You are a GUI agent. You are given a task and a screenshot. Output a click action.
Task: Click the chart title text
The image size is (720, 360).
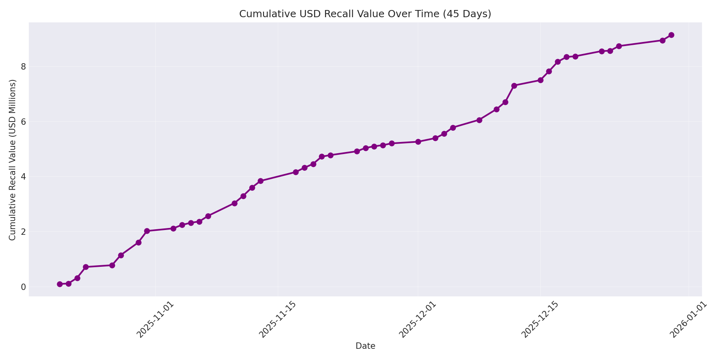[365, 14]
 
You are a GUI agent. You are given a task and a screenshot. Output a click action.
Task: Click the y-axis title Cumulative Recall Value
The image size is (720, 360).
[13, 160]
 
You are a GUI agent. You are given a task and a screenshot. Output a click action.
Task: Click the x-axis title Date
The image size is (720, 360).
[365, 346]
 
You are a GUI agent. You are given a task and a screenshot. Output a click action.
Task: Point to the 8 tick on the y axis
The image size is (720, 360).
[24, 66]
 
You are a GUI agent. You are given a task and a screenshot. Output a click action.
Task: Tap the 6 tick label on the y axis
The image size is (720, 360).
[24, 122]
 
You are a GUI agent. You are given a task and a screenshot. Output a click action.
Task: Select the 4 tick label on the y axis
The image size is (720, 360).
[24, 176]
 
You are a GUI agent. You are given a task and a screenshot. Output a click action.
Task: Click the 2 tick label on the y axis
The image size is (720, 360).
[24, 232]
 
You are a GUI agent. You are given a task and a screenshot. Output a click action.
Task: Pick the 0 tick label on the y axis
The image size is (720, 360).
[24, 287]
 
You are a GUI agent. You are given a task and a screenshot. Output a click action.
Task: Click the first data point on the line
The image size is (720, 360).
[60, 284]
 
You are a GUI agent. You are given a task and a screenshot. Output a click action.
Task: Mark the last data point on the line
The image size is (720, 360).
[671, 35]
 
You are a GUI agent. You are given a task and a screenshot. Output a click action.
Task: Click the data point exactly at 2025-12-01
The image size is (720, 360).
[418, 142]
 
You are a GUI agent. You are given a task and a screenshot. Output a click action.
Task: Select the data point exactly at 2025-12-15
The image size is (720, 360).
[540, 80]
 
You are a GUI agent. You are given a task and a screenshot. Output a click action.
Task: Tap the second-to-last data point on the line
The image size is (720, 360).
[662, 40]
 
